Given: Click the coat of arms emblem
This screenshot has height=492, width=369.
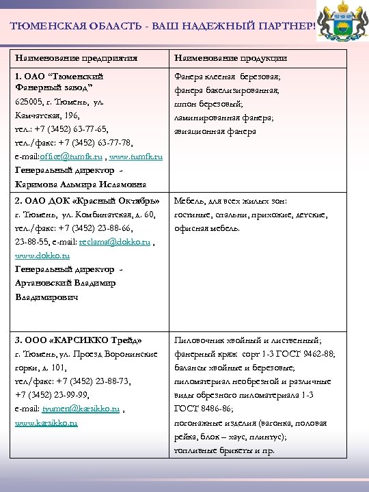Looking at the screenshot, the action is pyautogui.click(x=347, y=21).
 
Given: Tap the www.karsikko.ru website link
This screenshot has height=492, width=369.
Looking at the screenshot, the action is pyautogui.click(x=46, y=423).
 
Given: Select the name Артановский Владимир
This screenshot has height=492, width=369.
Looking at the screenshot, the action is pyautogui.click(x=69, y=284).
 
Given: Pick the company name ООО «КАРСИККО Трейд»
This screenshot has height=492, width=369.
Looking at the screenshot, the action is pyautogui.click(x=78, y=340).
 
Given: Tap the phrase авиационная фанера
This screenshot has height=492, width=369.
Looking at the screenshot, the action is pyautogui.click(x=215, y=131).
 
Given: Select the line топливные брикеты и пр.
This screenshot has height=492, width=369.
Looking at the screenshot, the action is pyautogui.click(x=225, y=451).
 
